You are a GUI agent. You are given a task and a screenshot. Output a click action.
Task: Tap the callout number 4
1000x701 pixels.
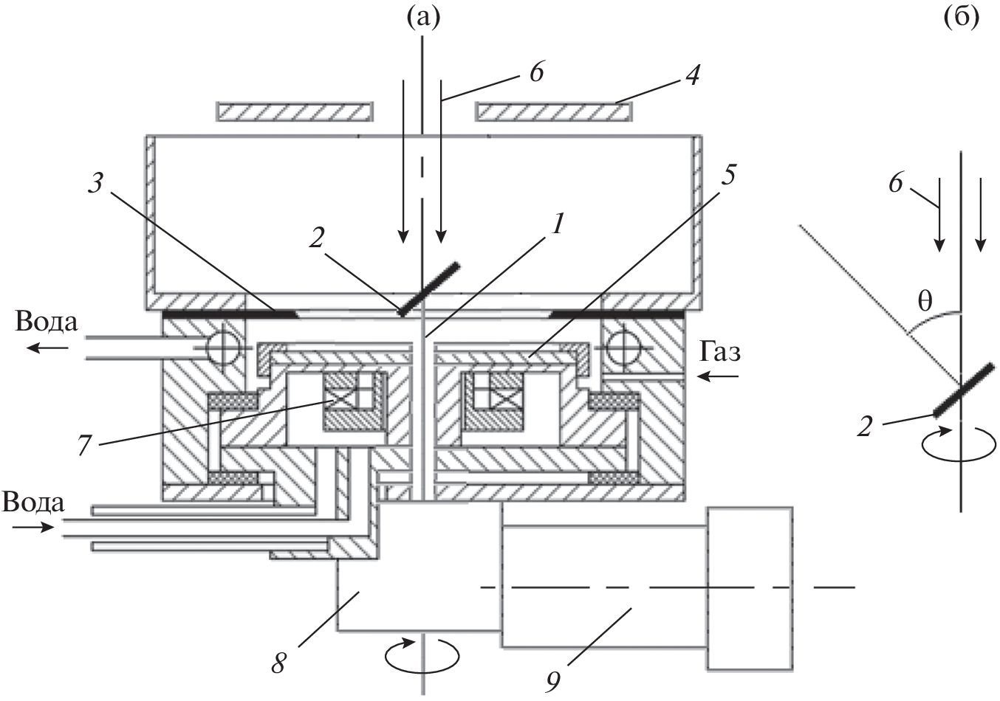coord(692,75)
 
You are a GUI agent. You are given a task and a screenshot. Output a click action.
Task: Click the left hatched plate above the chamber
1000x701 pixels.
coord(292,111)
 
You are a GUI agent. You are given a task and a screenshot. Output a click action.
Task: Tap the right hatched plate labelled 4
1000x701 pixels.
coord(554,111)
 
